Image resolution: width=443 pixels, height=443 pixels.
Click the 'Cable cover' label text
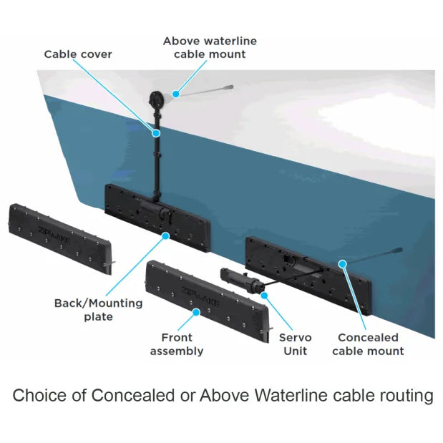[x=78, y=54]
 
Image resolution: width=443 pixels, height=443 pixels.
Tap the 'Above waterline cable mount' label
[x=210, y=47]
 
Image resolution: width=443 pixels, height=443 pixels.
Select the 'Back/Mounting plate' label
[x=98, y=309]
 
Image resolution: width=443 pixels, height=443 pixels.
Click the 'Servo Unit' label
[x=295, y=344]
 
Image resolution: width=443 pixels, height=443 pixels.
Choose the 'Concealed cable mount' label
[x=368, y=344]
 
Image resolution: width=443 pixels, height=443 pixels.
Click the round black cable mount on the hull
[x=155, y=99]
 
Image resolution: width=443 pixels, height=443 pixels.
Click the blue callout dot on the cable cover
[x=155, y=132]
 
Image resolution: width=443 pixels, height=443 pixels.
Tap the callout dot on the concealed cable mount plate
[x=342, y=263]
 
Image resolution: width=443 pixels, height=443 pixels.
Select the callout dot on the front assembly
[x=196, y=312]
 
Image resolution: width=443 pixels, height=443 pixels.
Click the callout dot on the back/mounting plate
[x=166, y=235]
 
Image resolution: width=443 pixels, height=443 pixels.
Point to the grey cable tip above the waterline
[x=228, y=87]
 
